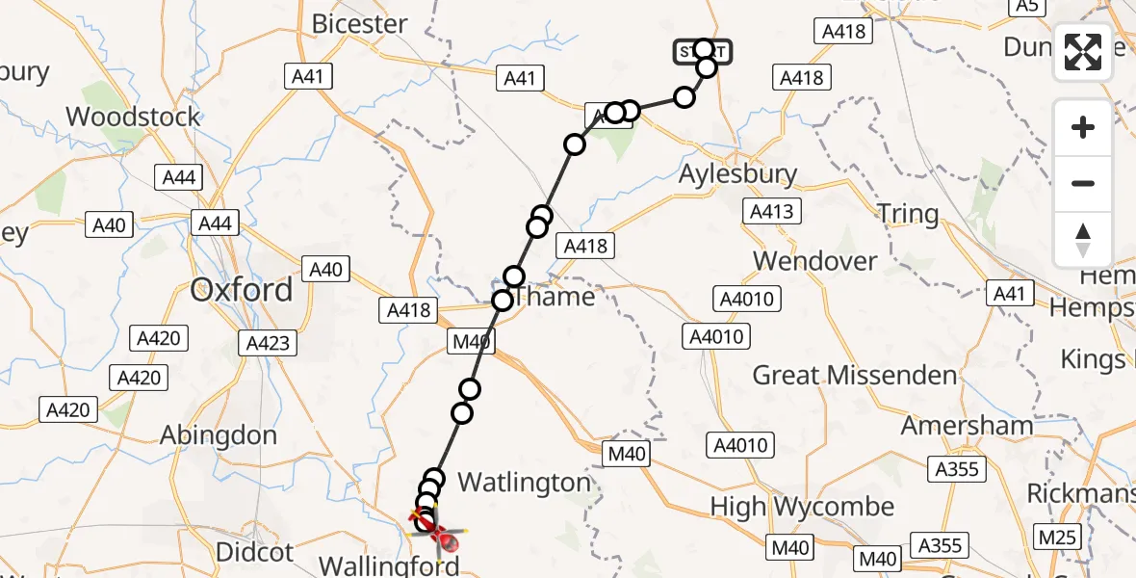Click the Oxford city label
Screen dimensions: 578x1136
click(x=242, y=290)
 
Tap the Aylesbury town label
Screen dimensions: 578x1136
click(x=737, y=174)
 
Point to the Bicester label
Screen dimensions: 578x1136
click(x=360, y=24)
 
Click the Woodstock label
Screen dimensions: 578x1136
click(x=133, y=118)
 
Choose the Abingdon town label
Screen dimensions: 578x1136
click(x=218, y=435)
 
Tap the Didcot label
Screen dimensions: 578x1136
click(x=254, y=552)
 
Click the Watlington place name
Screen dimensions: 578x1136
click(x=524, y=482)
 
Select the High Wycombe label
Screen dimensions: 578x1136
click(x=802, y=507)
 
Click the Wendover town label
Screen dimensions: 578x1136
click(x=814, y=261)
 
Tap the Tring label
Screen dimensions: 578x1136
click(x=908, y=214)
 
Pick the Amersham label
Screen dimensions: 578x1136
click(x=967, y=425)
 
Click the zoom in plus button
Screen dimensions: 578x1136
click(x=1083, y=127)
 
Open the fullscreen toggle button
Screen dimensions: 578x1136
click(x=1083, y=52)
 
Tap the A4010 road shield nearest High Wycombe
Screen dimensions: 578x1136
click(x=741, y=445)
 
